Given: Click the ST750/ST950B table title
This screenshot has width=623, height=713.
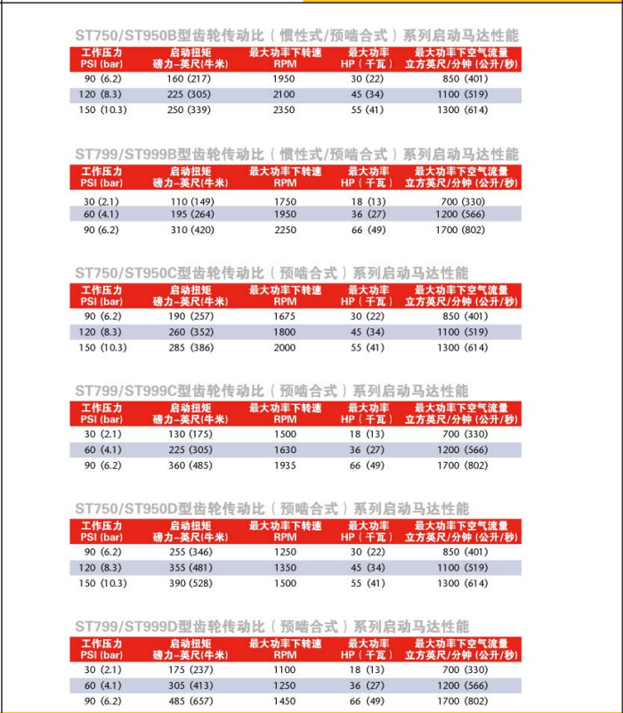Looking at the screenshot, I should pyautogui.click(x=296, y=36).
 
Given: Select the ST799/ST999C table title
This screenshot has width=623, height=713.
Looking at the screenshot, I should pyautogui.click(x=271, y=391).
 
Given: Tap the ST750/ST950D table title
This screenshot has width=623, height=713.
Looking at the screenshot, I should pyautogui.click(x=271, y=508).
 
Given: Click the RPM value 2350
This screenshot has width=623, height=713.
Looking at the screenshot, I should pyautogui.click(x=285, y=109).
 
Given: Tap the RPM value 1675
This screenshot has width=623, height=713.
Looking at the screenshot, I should pyautogui.click(x=285, y=317).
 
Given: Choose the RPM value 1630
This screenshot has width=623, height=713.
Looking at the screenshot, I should pyautogui.click(x=285, y=450).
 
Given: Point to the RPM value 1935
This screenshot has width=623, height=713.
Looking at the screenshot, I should pyautogui.click(x=285, y=465).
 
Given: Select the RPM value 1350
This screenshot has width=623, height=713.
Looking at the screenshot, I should pyautogui.click(x=285, y=568).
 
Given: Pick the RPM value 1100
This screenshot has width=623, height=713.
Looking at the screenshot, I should pyautogui.click(x=285, y=669).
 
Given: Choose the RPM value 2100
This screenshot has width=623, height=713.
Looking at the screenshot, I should pyautogui.click(x=285, y=94).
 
